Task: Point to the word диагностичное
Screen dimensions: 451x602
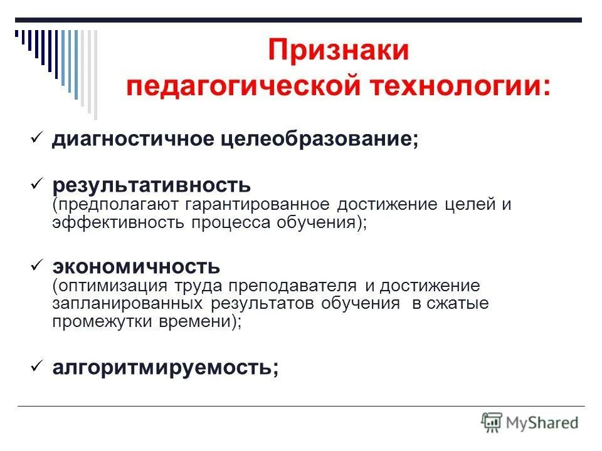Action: coord(133,139)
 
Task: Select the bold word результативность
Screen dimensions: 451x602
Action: coord(151,185)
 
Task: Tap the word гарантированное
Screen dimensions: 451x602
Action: coord(257,205)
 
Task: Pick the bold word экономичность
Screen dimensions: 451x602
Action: coord(135,267)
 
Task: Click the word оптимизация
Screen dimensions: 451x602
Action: coord(110,286)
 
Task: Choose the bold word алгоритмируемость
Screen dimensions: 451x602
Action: coord(165,368)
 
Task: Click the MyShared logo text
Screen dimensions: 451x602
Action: coord(542,422)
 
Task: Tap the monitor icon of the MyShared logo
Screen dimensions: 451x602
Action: coord(492,422)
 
